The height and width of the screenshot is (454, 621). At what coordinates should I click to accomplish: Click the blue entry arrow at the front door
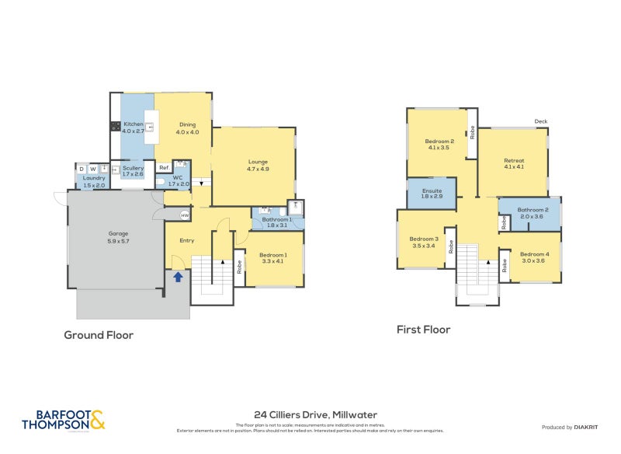[x=178, y=276]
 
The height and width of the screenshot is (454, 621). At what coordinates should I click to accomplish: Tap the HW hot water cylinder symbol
[x=185, y=215]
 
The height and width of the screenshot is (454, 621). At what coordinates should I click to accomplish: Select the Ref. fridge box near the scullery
[x=164, y=168]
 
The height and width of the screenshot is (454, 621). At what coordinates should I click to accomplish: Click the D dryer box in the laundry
[x=81, y=169]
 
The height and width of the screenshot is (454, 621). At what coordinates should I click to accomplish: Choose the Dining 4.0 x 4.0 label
[x=188, y=128]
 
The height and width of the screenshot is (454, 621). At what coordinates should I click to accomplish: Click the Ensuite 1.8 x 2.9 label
[x=432, y=193]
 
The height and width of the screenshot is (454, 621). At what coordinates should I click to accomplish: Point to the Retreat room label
[x=514, y=164]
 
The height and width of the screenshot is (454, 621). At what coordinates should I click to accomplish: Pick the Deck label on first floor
[x=541, y=121]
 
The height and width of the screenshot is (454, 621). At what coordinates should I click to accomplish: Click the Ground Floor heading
[x=99, y=335]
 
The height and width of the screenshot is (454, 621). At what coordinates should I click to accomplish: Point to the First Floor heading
[x=423, y=330]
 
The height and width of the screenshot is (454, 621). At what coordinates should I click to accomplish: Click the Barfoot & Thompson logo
[x=62, y=420]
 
